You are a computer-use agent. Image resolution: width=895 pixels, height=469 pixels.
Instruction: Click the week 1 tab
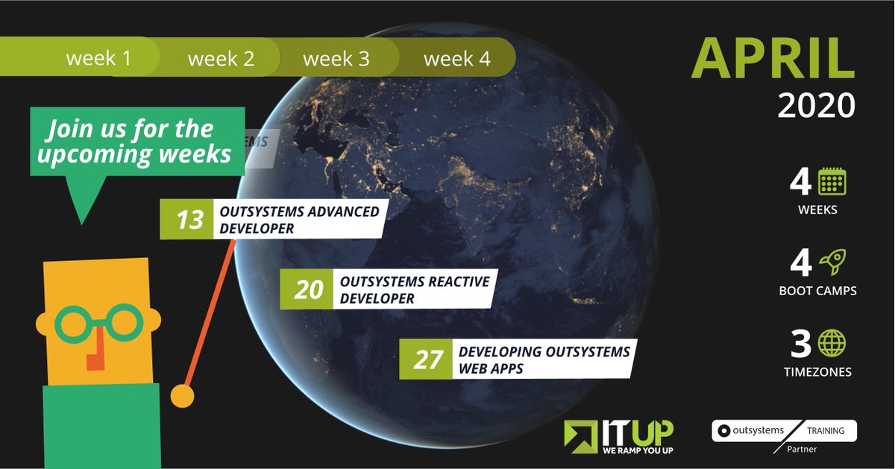pos(98,58)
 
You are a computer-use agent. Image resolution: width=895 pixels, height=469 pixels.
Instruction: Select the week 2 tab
pos(221,58)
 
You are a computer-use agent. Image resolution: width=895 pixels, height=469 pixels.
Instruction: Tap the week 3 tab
pos(336,58)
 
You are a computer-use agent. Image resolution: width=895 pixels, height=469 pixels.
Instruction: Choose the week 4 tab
pos(457,58)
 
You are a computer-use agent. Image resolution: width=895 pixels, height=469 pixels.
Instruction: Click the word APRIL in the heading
pos(773,57)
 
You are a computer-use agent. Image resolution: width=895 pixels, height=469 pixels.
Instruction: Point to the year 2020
pos(816,106)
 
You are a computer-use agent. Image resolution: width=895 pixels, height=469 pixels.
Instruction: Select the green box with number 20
pos(307,290)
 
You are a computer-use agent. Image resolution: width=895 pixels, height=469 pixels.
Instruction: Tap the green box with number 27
pos(427,360)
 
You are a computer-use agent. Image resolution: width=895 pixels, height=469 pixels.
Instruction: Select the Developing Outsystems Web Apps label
pos(543,359)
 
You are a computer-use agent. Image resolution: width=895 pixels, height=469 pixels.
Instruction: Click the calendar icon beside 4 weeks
pos(832,182)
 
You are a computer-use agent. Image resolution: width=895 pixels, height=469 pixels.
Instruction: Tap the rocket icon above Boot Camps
pos(832,262)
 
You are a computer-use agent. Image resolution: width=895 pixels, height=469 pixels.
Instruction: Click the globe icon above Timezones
pos(832,343)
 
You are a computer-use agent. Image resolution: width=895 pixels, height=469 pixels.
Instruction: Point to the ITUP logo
pos(618,437)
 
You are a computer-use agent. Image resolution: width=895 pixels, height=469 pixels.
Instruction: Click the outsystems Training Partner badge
pos(783,435)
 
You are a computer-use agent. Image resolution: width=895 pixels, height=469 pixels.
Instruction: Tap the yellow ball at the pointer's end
pos(181,396)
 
